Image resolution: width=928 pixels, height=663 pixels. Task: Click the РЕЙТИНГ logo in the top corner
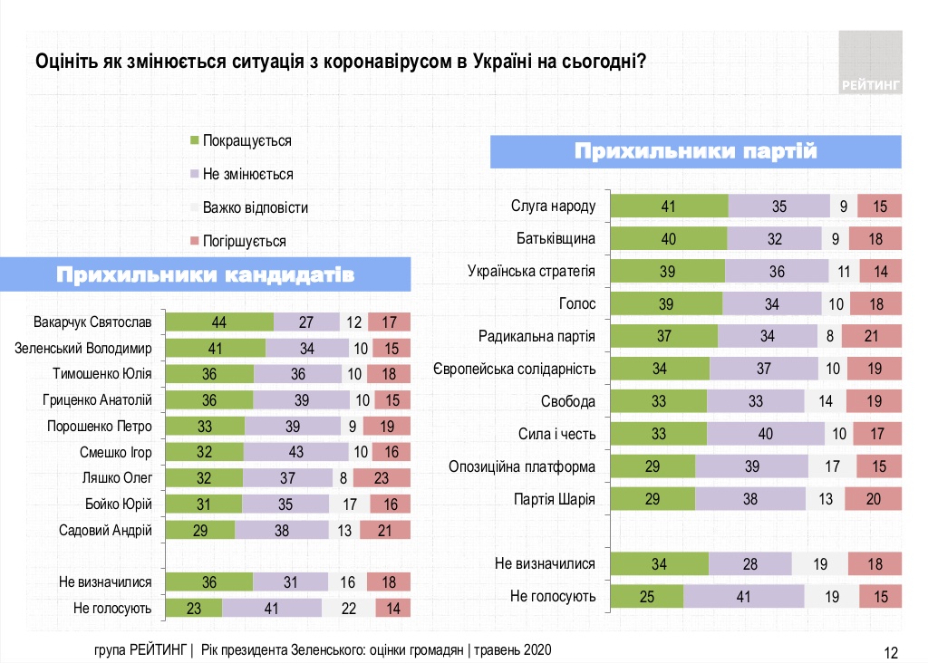tap(870, 62)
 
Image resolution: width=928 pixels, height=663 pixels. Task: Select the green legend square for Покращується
tap(193, 140)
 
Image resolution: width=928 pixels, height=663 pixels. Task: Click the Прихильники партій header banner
tap(696, 151)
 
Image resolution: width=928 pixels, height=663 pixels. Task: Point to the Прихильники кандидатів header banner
tap(205, 275)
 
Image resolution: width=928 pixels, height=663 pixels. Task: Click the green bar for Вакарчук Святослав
tap(220, 322)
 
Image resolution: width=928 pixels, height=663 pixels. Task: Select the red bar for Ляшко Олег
tap(382, 478)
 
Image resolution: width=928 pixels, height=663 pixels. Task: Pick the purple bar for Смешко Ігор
tap(295, 452)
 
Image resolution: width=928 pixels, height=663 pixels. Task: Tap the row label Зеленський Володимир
tap(97, 348)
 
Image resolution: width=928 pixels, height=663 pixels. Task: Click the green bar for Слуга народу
tap(670, 207)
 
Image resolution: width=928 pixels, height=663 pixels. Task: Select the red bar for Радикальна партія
tap(871, 337)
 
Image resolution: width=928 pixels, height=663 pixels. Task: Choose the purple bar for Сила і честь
tap(766, 434)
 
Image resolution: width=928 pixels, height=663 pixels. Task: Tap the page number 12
tap(890, 651)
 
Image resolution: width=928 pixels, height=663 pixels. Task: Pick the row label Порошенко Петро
tap(100, 426)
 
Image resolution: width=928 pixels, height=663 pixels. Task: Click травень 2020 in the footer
tap(510, 650)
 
